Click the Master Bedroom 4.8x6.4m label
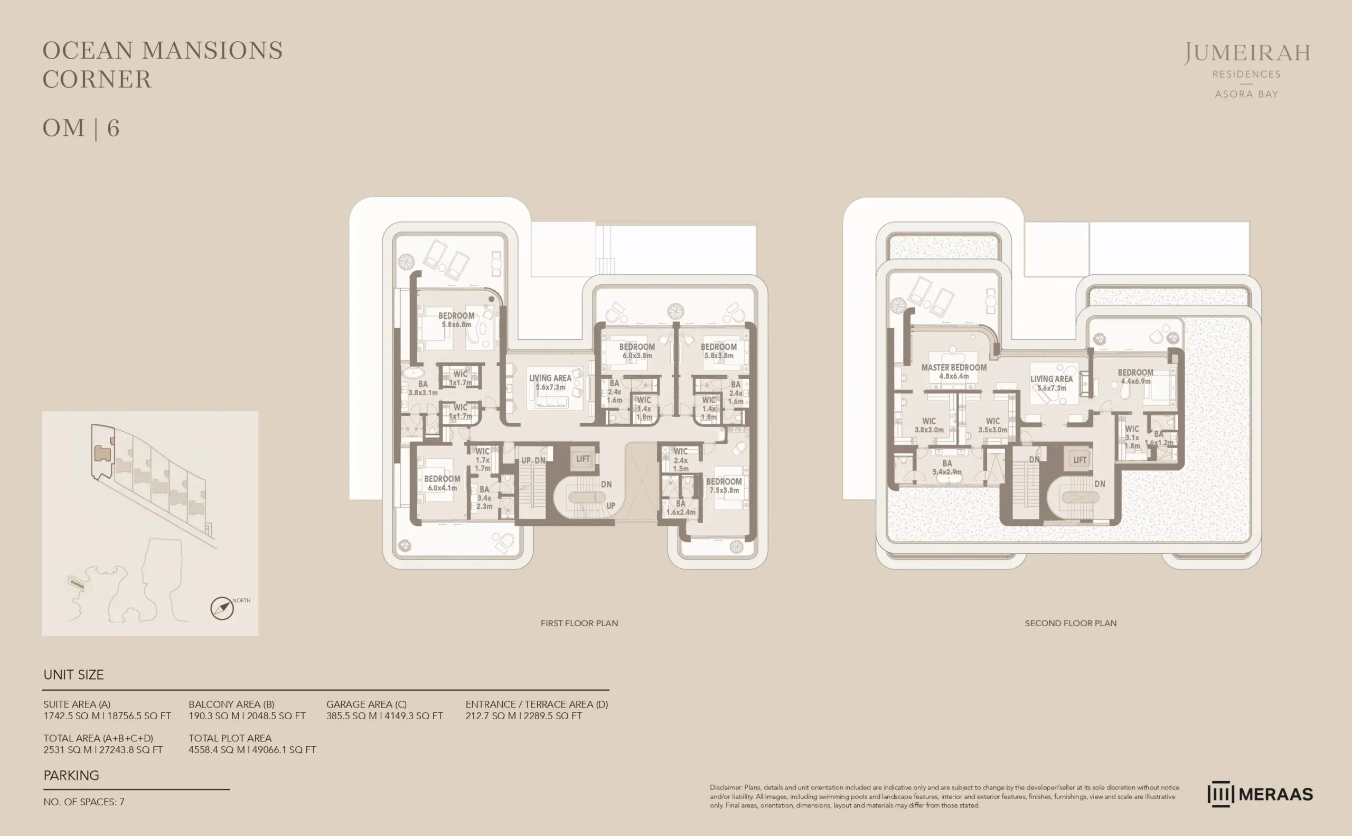tap(954, 371)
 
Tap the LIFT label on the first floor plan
tap(583, 459)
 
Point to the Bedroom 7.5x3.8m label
tap(724, 486)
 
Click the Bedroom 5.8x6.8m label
tap(456, 320)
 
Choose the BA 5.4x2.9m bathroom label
tap(947, 467)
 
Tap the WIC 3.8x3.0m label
tap(929, 425)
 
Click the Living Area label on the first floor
tap(550, 382)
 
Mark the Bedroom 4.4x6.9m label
tap(1135, 377)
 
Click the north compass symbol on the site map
tap(222, 608)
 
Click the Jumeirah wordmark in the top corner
tap(1246, 53)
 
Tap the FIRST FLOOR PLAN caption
tap(579, 623)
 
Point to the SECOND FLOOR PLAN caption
tap(1070, 623)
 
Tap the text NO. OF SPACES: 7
tap(84, 802)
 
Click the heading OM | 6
tap(81, 128)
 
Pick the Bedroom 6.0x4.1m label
tap(442, 482)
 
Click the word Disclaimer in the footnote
tap(726, 787)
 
